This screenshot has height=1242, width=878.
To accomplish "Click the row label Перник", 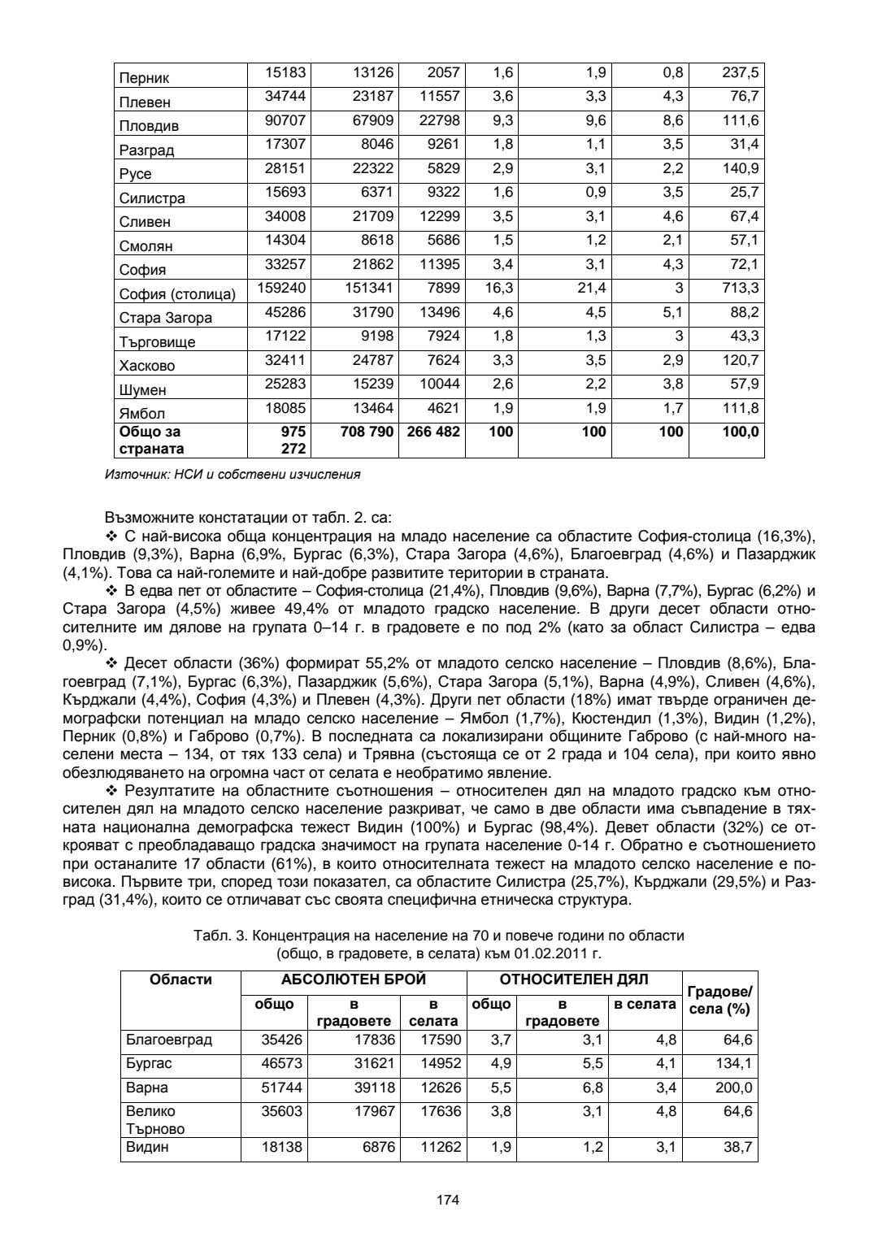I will (145, 78).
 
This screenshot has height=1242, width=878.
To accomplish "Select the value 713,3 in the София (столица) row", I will (740, 288).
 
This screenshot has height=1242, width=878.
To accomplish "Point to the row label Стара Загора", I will (166, 318).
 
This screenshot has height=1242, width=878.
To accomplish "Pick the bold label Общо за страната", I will (152, 440).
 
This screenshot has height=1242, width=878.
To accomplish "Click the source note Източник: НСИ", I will (233, 473).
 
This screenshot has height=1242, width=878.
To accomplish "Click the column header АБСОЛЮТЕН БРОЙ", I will (354, 979).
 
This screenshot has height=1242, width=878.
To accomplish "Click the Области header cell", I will (181, 979).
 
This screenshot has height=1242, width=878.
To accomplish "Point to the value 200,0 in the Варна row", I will (734, 1088).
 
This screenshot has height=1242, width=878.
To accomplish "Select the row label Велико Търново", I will (155, 1119).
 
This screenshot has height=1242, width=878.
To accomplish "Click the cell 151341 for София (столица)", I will (366, 288).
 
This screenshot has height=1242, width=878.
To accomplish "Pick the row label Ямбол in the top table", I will (142, 413).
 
